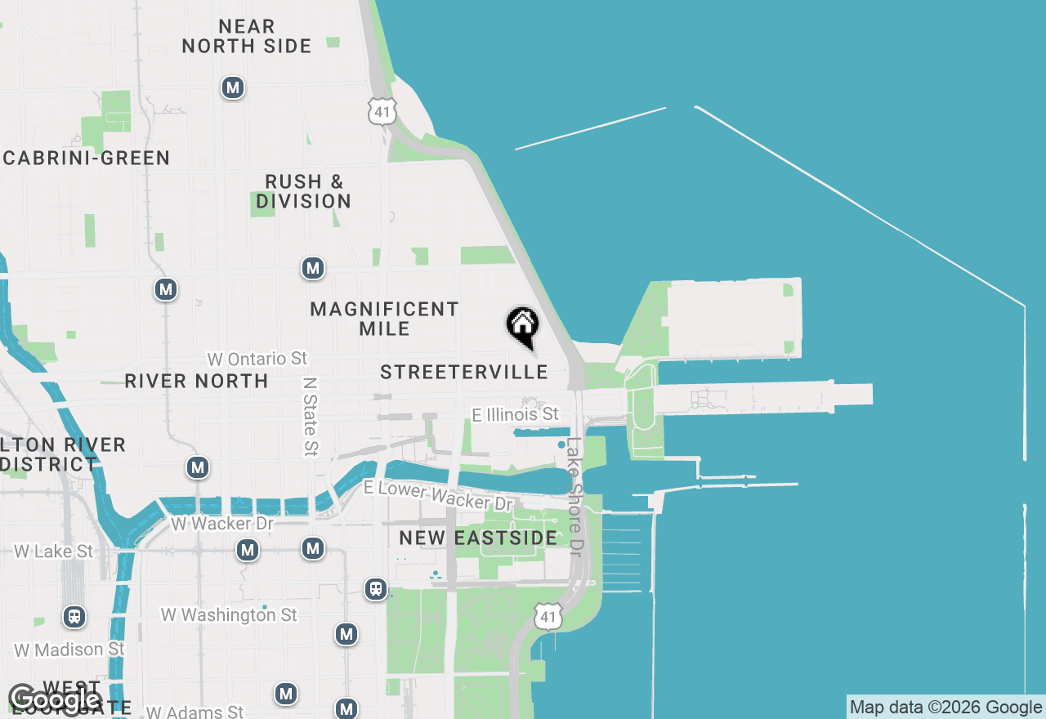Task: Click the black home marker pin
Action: click(522, 325)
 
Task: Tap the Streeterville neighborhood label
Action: click(464, 373)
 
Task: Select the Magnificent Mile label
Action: click(384, 319)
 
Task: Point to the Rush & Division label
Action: click(303, 191)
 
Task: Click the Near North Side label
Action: click(247, 37)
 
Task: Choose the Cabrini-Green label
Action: click(87, 159)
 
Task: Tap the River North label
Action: click(196, 381)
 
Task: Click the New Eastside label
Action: click(478, 538)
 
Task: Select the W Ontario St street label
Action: click(257, 359)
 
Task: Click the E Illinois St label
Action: click(516, 414)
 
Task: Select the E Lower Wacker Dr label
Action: click(439, 495)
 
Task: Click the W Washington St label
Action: click(229, 614)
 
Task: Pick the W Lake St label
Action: click(54, 552)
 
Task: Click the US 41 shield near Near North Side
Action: click(382, 111)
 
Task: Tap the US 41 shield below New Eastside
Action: click(548, 617)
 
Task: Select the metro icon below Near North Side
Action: click(233, 87)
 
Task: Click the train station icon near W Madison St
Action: click(74, 616)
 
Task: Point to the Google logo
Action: click(55, 699)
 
